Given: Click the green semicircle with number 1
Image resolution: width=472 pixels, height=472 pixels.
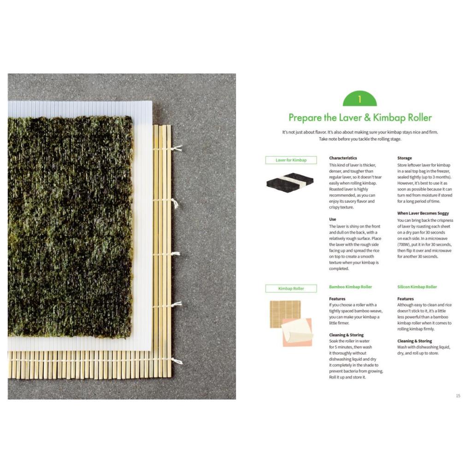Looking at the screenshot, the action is pos(360,99).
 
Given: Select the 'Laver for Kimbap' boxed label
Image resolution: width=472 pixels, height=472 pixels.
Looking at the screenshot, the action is pos(291,160).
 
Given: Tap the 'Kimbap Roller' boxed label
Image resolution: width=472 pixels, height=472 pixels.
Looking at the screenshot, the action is pos(291,289).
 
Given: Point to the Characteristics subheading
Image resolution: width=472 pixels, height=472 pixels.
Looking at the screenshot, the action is pos(343,158).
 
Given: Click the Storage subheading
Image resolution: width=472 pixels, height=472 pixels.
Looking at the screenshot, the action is pos(404,158).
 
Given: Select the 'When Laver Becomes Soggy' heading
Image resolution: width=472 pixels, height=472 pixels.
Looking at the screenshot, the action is pos(423,213).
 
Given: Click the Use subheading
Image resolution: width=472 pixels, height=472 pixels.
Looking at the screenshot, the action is pos(332,219).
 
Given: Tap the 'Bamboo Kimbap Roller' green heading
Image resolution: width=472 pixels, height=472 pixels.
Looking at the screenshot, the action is pos(350,287).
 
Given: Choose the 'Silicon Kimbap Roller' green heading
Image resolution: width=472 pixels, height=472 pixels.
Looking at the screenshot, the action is pos(417,287).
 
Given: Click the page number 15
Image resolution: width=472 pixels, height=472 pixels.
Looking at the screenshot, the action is pos(458,395).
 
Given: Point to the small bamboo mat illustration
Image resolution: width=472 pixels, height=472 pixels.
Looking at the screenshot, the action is pos(285,313).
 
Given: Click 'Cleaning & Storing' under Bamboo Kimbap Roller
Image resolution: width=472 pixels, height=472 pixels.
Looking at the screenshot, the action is pos(346,335).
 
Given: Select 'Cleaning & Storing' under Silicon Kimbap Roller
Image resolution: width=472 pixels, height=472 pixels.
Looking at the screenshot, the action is pos(414,341).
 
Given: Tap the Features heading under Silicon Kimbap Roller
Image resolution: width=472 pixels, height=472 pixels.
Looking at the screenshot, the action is pos(405,299).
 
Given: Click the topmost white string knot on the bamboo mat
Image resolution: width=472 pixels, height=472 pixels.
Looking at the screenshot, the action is pos(177,148).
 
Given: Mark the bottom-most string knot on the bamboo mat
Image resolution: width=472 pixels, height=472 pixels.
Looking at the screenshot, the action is pos(177,360).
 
